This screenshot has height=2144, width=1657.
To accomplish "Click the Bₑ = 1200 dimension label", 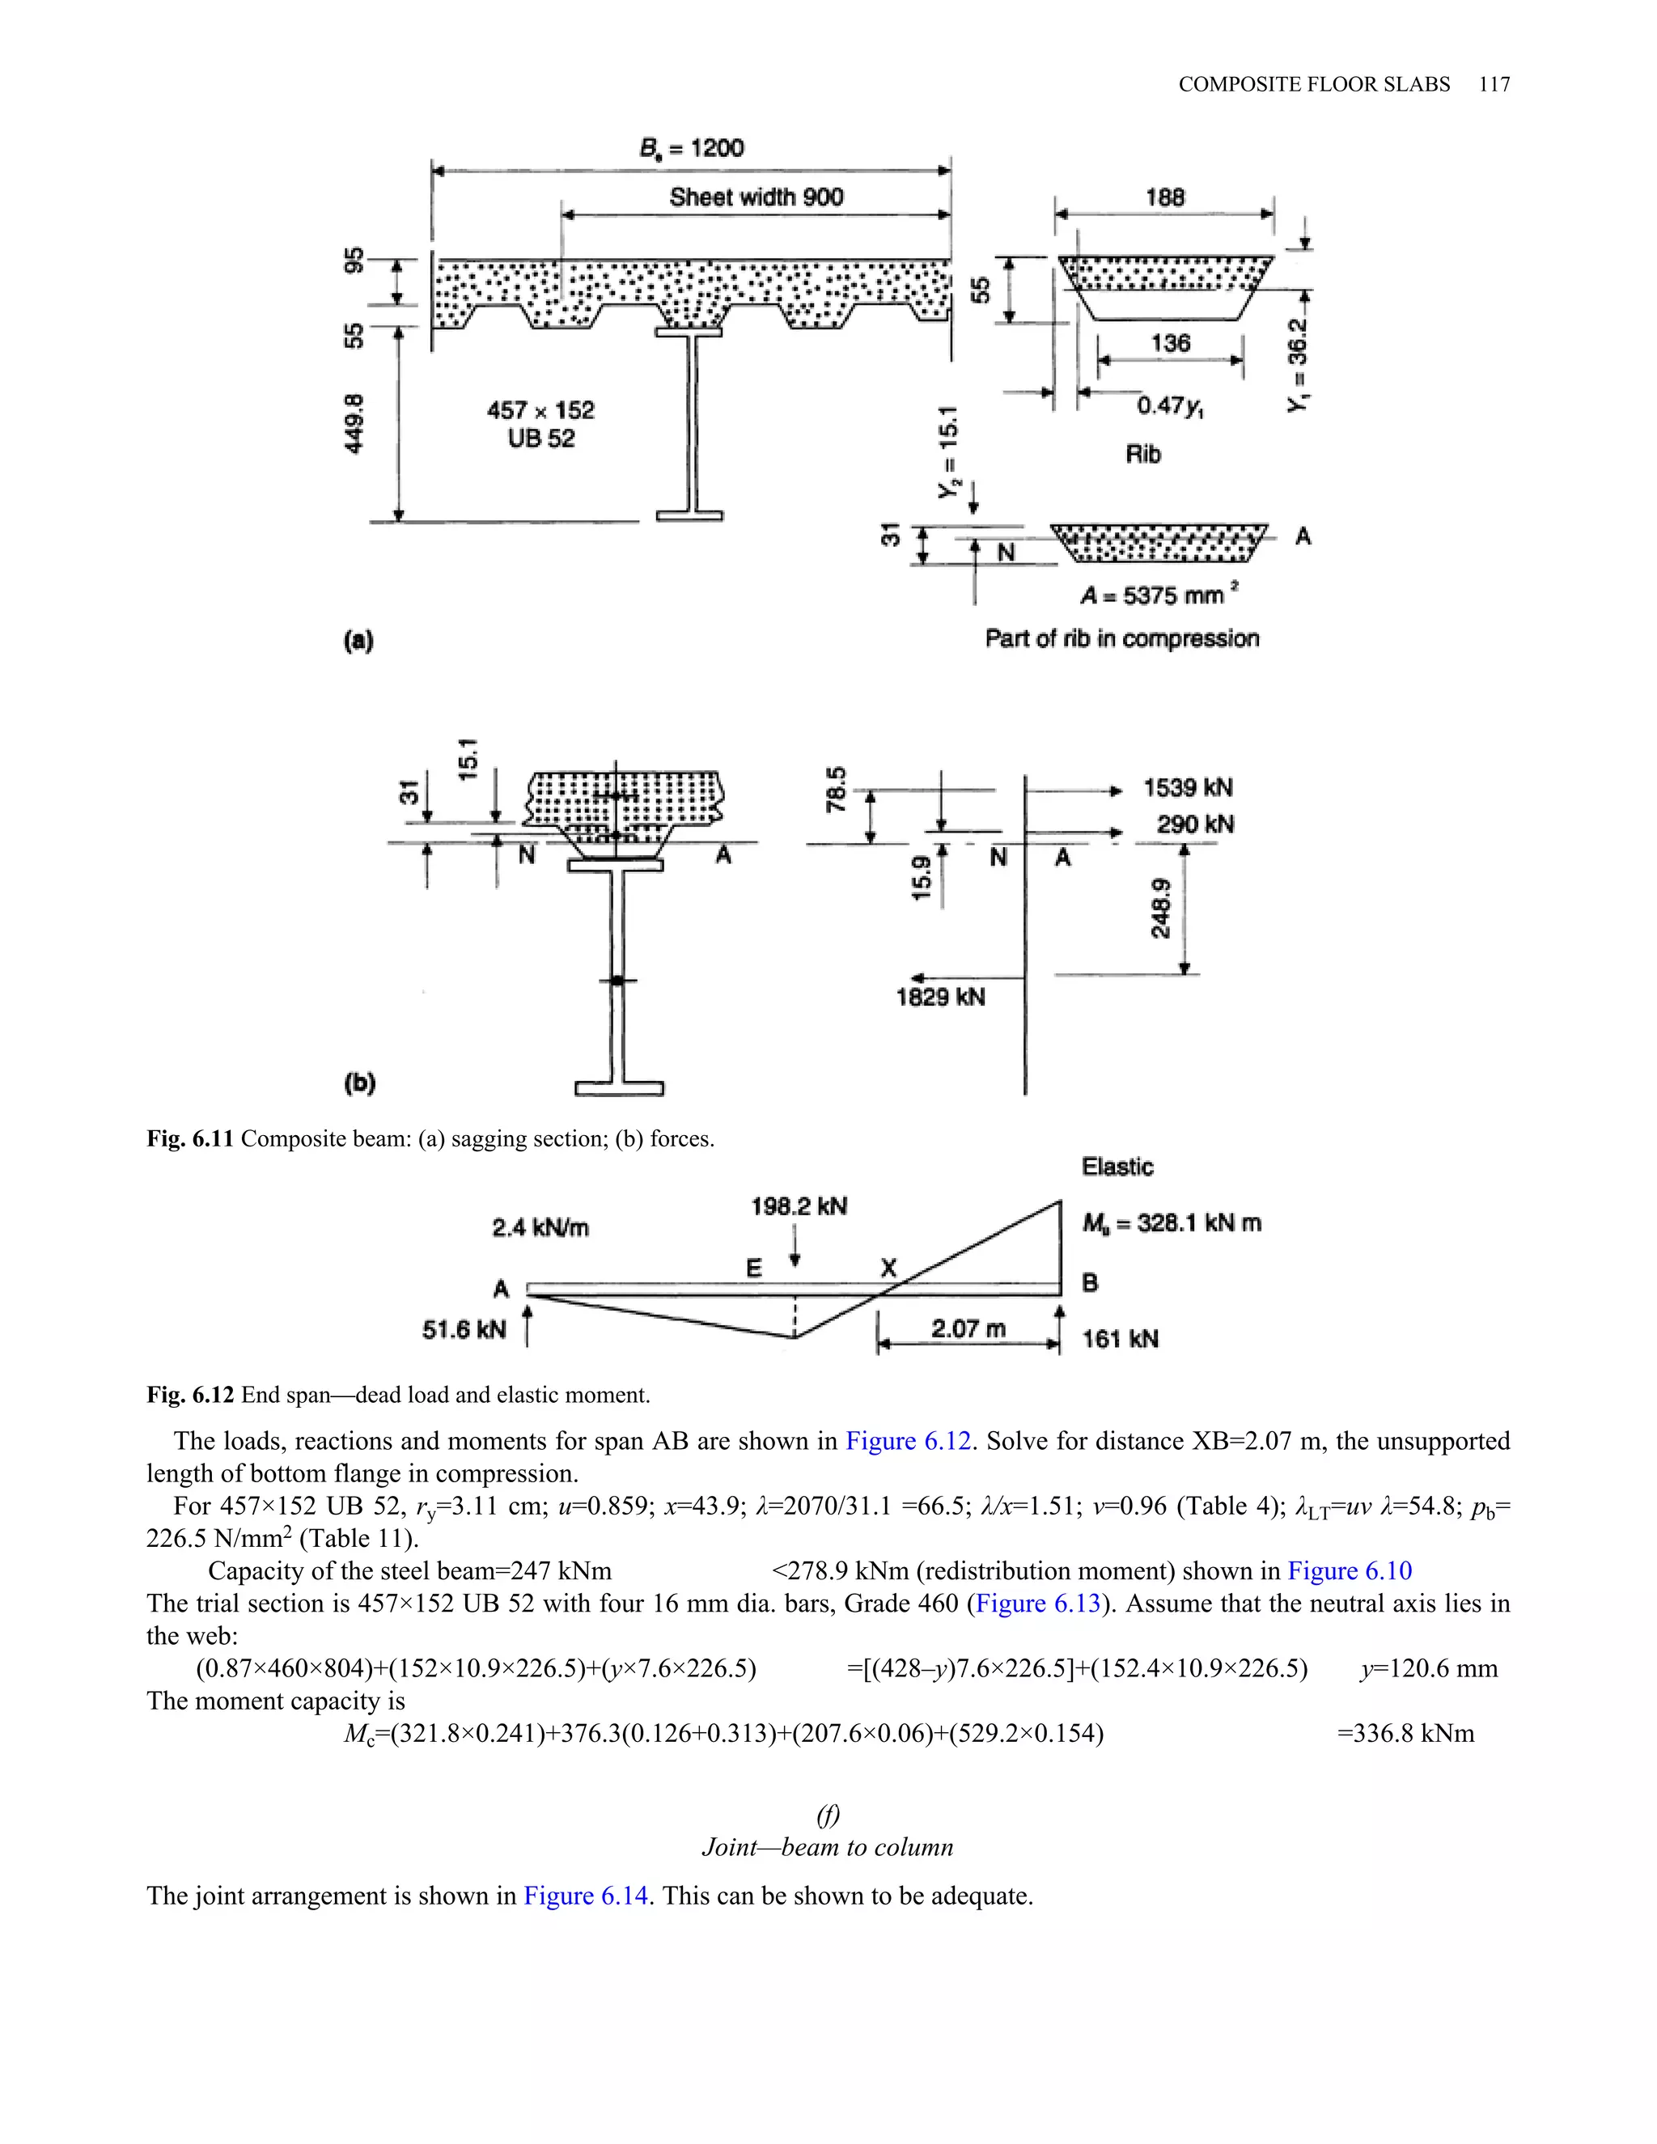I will point(691,148).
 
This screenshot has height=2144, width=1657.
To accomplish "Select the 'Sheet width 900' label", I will point(756,197).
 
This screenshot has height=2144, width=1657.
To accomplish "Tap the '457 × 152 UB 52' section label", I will point(541,424).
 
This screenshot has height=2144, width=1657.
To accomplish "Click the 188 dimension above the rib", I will point(1164,197).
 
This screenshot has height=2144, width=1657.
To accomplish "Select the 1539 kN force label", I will point(1188,788).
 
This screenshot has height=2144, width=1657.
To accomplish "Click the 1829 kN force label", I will point(939,998).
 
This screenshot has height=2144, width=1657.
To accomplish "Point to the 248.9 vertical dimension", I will point(1160,908).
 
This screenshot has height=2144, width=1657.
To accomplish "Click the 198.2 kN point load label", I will point(798,1206).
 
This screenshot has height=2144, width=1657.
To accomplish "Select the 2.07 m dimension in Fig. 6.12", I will point(968,1329).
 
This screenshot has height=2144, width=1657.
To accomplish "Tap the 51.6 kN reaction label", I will point(464,1330).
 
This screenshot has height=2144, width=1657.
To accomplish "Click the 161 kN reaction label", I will point(1119,1339).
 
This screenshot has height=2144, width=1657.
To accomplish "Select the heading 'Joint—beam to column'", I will point(827,1848).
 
